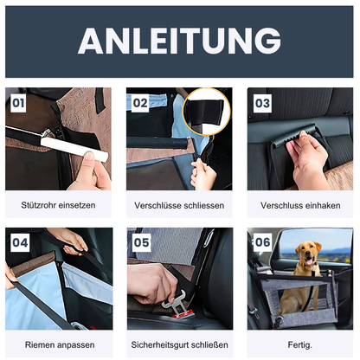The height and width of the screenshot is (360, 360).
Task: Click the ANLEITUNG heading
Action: point(179,41)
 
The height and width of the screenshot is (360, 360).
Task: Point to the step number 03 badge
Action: point(262,103)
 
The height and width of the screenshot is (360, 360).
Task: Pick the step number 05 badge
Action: point(141,243)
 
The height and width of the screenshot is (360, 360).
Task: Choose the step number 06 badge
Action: point(262,243)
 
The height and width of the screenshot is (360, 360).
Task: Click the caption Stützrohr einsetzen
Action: point(59,206)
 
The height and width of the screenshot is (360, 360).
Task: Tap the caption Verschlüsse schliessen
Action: point(179,206)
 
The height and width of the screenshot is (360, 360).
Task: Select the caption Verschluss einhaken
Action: point(299,206)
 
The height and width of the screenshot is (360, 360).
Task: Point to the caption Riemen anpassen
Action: point(59,344)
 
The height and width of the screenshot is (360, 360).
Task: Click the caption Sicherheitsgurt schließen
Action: point(179,344)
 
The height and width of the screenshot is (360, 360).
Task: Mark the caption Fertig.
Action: point(299,344)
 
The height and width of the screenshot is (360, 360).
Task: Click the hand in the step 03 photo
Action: point(307,160)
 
